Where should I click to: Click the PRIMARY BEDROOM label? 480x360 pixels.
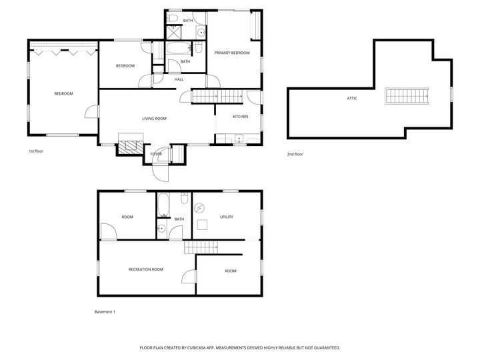tap(232, 53)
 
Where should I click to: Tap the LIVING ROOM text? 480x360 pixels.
tap(154, 119)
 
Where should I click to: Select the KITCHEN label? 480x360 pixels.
tap(240, 117)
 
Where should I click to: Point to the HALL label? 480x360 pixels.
tap(179, 80)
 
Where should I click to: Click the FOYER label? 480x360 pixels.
tap(156, 154)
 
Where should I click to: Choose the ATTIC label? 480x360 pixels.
tap(352, 98)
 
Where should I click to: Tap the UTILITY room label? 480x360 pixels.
tap(227, 217)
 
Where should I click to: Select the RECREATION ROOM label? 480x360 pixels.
tap(146, 269)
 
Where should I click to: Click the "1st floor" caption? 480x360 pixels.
tap(36, 151)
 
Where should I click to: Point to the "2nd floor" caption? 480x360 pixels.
tap(295, 154)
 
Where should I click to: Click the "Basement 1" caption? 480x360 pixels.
tap(105, 311)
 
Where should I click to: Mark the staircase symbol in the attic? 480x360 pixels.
tap(405, 97)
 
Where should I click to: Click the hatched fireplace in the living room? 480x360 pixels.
tap(131, 147)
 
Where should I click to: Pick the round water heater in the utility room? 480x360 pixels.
tap(200, 207)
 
